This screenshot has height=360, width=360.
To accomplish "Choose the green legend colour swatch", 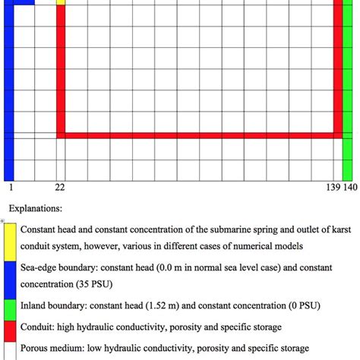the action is click(11, 306).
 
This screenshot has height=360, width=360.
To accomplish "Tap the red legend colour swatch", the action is click(11, 327).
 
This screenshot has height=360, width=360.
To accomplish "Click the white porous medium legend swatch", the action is click(11, 349).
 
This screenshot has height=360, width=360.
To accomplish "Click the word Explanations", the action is click(36, 207).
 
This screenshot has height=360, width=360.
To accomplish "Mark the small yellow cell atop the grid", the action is click(61, 2).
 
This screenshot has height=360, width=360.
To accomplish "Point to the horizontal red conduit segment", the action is click(197, 135).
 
